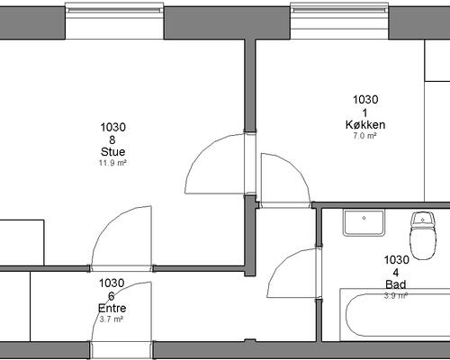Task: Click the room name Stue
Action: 112,152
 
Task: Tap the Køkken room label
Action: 365,124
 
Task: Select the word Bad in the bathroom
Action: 396,284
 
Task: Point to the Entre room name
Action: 112,308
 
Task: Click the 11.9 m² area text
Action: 112,163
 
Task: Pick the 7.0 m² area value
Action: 364,136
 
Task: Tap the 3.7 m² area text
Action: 112,319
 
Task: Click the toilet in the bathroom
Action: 423,235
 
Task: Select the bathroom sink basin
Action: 364,222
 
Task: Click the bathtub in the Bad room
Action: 395,315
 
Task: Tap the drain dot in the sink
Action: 364,218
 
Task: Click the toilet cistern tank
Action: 423,219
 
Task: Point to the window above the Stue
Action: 114,21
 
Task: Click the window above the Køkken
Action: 339,21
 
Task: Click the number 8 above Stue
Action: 112,139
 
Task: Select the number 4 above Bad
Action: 396,273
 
